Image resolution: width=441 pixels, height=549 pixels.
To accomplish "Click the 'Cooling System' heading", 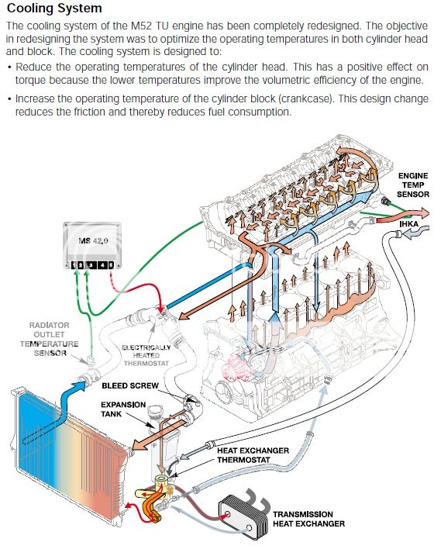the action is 54,8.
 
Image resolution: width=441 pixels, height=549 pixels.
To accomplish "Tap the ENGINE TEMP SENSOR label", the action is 413,185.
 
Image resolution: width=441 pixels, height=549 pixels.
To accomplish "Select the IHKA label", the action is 408,223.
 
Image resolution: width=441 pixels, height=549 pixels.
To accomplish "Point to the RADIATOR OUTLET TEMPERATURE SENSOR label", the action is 49,339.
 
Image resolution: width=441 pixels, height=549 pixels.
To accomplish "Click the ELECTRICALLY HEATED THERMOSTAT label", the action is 146,355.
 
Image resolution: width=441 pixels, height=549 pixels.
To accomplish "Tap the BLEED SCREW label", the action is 130,385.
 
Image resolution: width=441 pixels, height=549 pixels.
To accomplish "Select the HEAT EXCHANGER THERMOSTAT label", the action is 253,455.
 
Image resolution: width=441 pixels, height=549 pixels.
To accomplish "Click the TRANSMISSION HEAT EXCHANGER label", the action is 308,519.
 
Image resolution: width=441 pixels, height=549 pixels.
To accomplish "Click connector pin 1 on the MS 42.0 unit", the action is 74,265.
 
